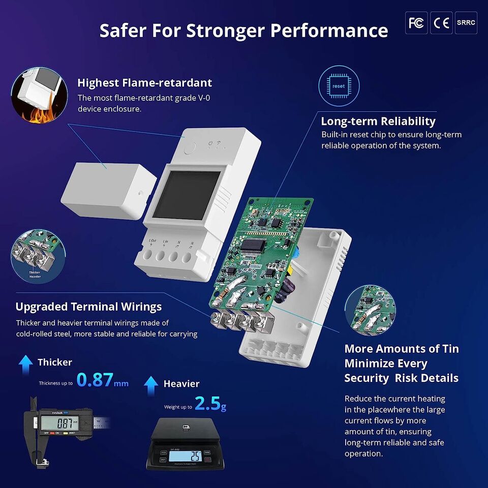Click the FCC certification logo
click(416, 23)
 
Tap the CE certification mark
click(441, 23)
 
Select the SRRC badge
click(466, 23)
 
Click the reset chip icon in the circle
click(339, 86)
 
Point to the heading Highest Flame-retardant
click(145, 82)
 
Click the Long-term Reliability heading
click(378, 121)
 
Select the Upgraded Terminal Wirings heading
click(88, 307)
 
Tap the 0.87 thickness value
click(95, 380)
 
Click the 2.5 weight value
click(207, 404)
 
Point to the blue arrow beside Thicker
click(25, 362)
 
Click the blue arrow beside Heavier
click(151, 385)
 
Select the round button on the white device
click(190, 148)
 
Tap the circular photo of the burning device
click(39, 97)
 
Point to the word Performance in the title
click(329, 30)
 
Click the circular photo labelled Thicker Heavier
click(34, 255)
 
